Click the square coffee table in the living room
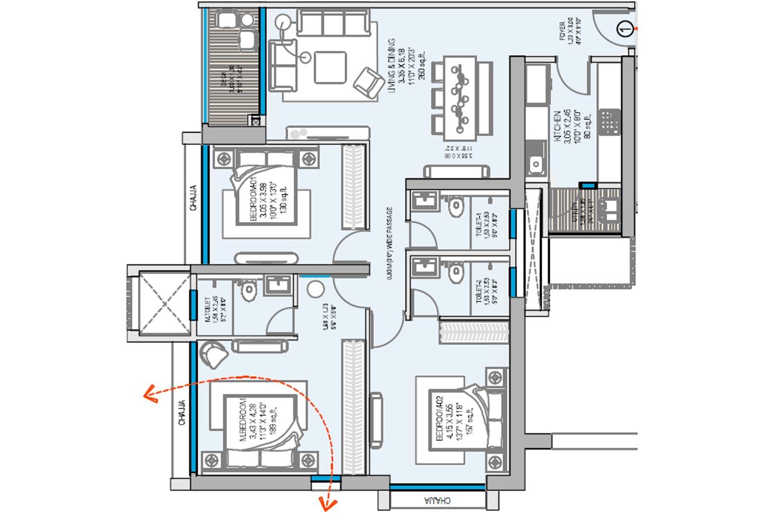pyautogui.click(x=330, y=67)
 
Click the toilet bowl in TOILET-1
pyautogui.click(x=456, y=208)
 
